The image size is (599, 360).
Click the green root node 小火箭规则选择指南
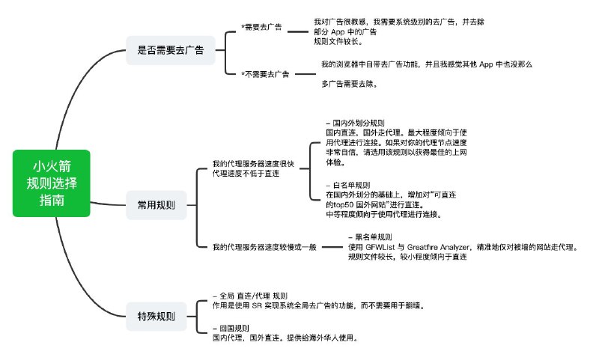tap(52, 183)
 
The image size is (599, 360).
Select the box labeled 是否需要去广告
tap(170, 50)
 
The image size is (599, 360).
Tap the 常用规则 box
tap(156, 204)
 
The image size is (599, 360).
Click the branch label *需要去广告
tap(261, 28)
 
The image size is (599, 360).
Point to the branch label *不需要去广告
tap(265, 74)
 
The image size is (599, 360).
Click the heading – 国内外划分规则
tap(356, 122)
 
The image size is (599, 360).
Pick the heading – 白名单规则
tap(348, 185)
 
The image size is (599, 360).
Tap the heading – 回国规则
tap(231, 328)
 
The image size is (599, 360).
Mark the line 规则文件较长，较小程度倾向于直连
tap(407, 257)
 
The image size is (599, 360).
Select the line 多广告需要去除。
tap(349, 84)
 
